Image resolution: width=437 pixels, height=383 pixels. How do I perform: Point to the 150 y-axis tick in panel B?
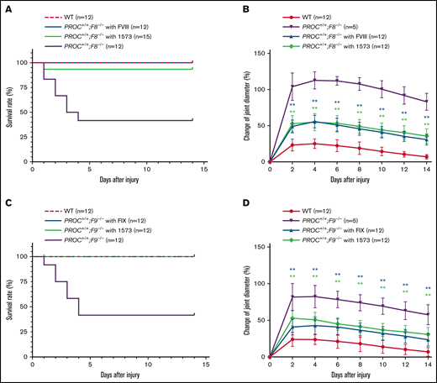(258, 54)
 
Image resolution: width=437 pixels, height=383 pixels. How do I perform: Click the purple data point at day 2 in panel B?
(291, 87)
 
